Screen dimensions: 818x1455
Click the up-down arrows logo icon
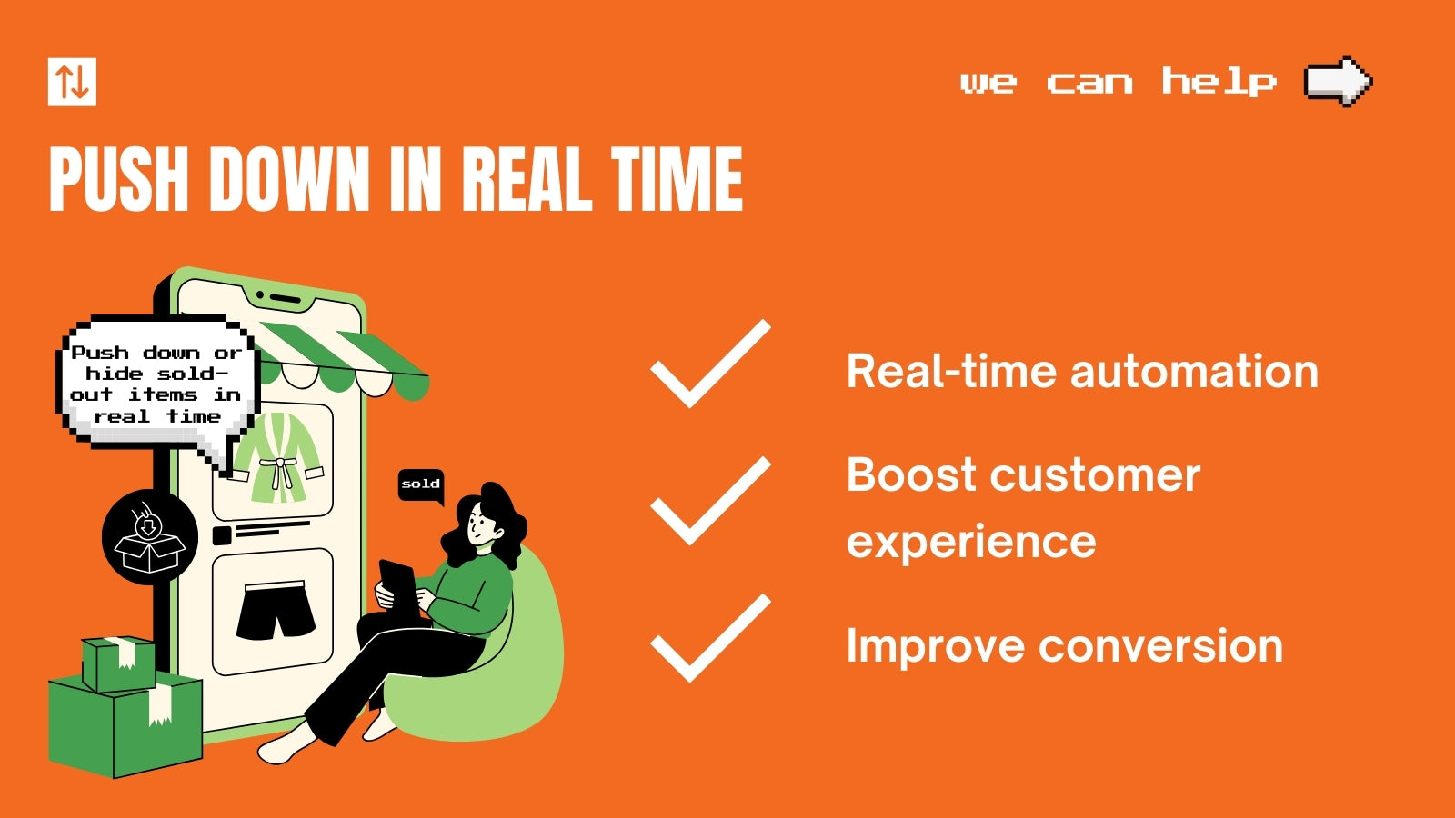point(72,82)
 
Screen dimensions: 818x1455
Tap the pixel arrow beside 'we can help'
point(1338,82)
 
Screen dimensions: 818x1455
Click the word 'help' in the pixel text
point(1219,82)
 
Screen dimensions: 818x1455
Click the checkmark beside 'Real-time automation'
point(710,364)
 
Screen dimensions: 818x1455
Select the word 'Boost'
point(910,475)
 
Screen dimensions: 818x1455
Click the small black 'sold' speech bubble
point(421,484)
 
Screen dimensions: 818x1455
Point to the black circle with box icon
point(150,536)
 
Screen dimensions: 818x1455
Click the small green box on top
point(118,663)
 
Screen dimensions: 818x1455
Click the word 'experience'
point(971,542)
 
